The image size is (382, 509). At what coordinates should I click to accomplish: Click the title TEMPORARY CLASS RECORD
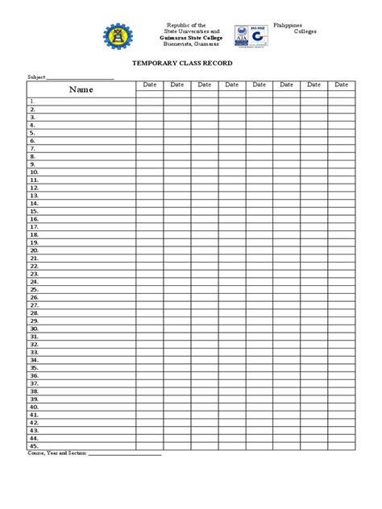coord(190,62)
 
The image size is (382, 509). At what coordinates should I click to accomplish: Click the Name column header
coord(81,89)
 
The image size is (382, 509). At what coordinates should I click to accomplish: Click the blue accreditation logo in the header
coord(252,35)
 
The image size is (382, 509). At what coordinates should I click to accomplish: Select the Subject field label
coord(36,78)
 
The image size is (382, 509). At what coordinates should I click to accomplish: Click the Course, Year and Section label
coord(57,453)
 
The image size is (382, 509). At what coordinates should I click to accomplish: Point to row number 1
coord(32,101)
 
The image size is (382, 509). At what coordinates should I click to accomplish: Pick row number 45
coord(34,446)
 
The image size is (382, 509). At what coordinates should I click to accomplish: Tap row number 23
coord(34,274)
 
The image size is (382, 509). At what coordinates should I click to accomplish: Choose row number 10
coord(34,172)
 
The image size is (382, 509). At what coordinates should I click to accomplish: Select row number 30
coord(34,329)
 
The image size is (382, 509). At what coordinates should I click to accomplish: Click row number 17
coord(34,226)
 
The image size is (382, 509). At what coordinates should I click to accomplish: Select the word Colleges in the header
coord(304,31)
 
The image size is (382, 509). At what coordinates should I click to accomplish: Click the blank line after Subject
coord(80,79)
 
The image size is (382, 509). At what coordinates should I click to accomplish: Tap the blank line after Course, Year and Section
coord(124,454)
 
